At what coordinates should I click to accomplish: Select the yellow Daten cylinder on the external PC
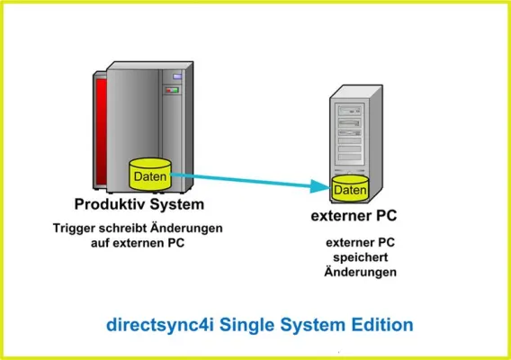(x=350, y=190)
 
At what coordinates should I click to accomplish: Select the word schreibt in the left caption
(x=126, y=229)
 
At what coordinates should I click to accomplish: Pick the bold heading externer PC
(x=353, y=216)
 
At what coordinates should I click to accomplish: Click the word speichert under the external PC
(x=360, y=256)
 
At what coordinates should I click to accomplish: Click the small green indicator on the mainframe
(x=176, y=90)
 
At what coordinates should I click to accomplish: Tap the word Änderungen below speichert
(x=360, y=271)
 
